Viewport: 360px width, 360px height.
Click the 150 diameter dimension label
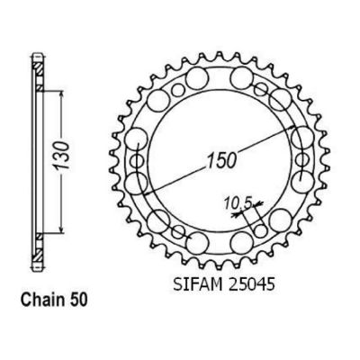coord(220,160)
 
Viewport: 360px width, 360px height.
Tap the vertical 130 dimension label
coord(62,155)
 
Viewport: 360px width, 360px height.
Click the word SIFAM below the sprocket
coord(196,284)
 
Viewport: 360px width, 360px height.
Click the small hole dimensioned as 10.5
coord(261,231)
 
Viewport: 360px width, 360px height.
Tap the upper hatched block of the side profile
coord(38,70)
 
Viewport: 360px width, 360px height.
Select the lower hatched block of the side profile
coord(38,255)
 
